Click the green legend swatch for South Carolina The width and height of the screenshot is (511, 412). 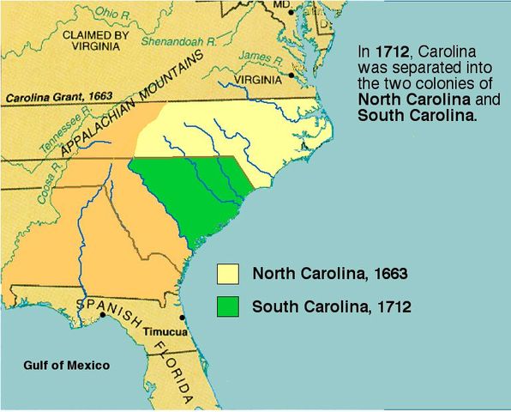(228, 306)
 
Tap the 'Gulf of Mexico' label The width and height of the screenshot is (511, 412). (66, 366)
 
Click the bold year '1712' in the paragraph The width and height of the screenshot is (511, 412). (388, 51)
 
